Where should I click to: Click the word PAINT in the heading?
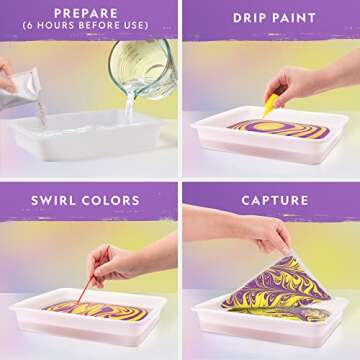click(289, 18)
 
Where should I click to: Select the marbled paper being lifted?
click(300, 290)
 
